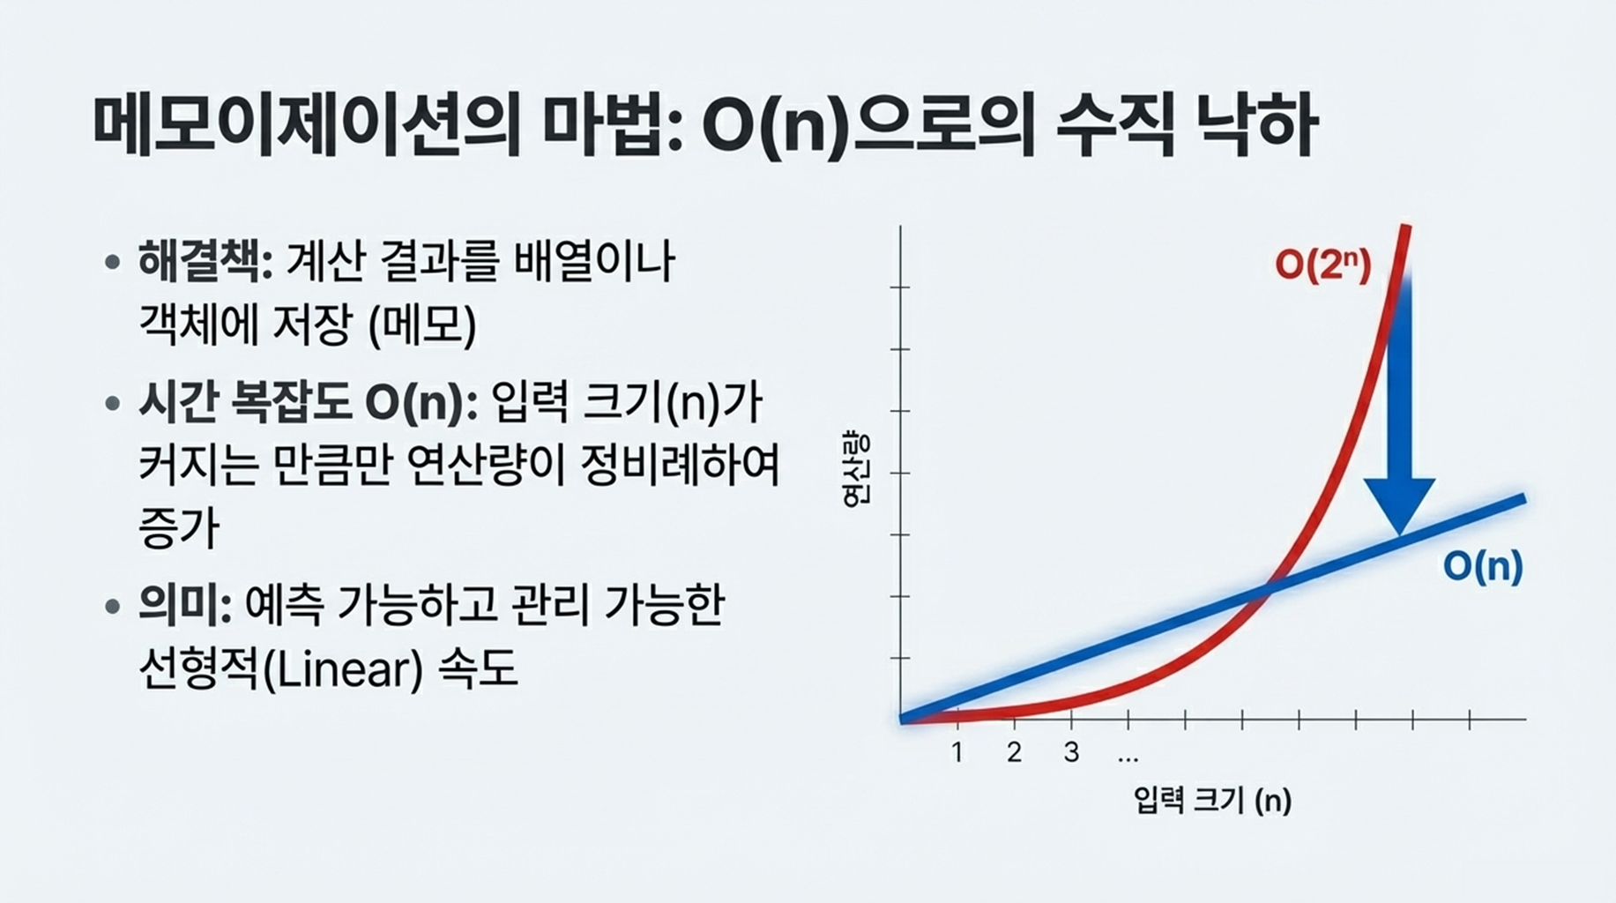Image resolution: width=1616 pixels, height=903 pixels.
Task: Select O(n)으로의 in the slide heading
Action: coord(868,128)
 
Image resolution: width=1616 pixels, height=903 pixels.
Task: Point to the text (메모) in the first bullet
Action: coord(422,325)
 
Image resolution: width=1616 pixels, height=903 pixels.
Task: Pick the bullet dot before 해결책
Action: coord(112,262)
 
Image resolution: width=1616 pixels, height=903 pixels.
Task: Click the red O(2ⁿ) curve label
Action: coord(1323,265)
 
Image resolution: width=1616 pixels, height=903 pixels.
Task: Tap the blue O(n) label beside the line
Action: coord(1483,566)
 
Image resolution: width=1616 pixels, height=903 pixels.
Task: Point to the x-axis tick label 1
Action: coord(957,753)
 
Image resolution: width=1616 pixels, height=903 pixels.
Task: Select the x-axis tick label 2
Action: coord(1014,753)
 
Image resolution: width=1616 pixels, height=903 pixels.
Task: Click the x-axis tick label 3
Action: coord(1071,753)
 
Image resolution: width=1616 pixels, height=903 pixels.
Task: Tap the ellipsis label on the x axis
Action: coord(1128,757)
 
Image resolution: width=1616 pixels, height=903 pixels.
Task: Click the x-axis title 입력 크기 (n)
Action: coord(1212,801)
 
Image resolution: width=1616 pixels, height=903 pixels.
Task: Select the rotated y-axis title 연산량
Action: coord(856,468)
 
